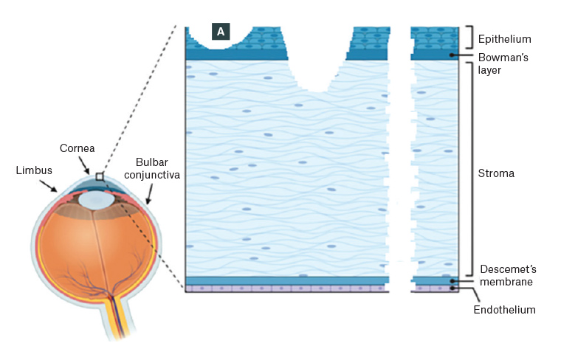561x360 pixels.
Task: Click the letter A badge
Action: tap(221, 31)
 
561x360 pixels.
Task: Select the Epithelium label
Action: tap(505, 38)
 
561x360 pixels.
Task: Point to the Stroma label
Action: tap(496, 174)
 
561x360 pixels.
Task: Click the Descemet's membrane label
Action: tap(506, 275)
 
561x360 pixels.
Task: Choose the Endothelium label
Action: tap(504, 310)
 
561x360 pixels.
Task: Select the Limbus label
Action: tap(33, 170)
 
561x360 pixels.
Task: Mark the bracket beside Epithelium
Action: tap(467, 37)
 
